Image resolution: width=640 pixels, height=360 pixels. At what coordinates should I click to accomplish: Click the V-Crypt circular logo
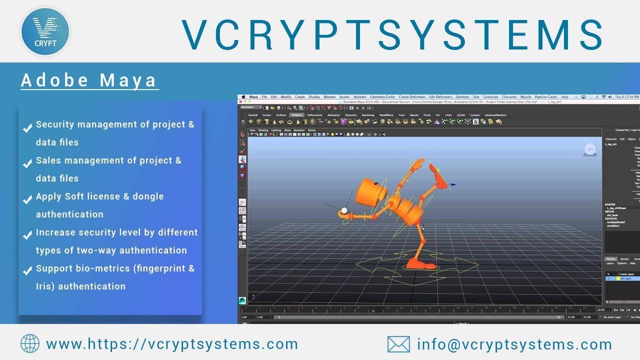tap(45, 31)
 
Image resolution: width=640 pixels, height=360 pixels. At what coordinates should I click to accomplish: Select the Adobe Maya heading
tap(89, 80)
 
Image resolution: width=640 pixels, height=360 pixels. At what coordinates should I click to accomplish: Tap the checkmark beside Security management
tap(28, 128)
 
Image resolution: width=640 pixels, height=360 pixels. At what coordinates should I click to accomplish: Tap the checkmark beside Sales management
tap(28, 164)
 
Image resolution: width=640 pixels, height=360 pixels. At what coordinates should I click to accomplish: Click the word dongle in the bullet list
tap(148, 196)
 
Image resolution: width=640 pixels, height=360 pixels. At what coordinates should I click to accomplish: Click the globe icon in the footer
tap(30, 344)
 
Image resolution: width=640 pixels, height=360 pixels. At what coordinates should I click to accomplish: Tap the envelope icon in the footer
tap(398, 344)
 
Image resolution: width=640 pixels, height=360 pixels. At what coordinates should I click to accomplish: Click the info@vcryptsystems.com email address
tap(514, 344)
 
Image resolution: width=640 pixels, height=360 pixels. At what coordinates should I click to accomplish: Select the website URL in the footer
tap(172, 344)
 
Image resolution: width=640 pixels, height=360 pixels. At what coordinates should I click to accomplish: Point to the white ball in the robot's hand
tap(344, 210)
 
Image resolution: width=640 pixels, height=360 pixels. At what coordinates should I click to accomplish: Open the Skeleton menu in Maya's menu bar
tap(462, 97)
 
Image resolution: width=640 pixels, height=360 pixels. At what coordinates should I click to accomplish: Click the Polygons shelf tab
tap(297, 115)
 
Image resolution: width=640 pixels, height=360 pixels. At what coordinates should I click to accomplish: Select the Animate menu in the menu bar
tap(359, 97)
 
